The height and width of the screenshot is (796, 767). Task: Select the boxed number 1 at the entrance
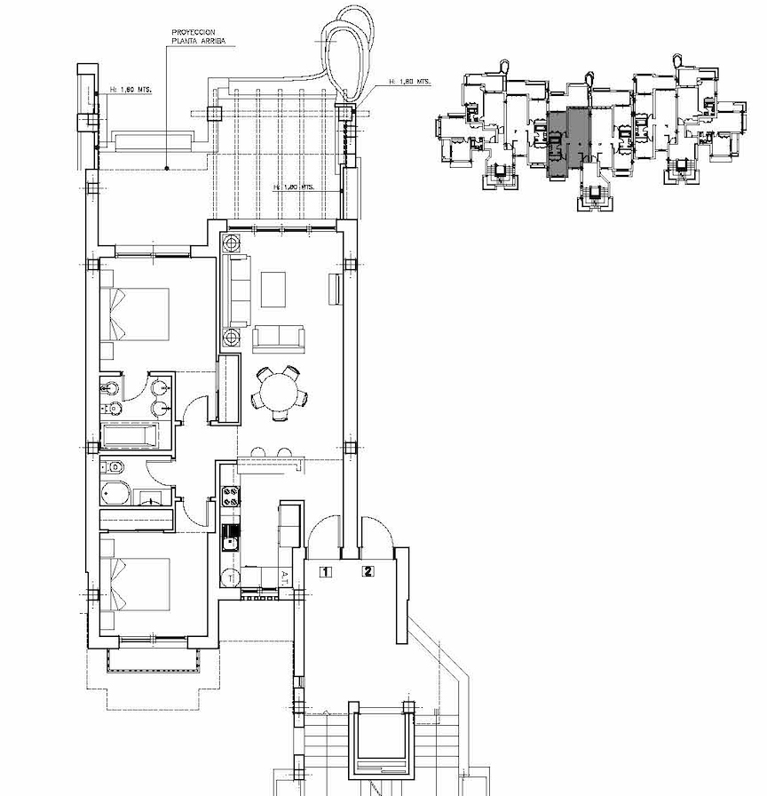(326, 572)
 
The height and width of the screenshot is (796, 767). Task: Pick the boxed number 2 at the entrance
(368, 571)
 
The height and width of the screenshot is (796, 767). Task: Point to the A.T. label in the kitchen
(284, 576)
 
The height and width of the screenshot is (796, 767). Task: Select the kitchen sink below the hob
(231, 536)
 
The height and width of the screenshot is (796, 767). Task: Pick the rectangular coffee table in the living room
(273, 289)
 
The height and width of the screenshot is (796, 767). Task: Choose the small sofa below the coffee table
(278, 337)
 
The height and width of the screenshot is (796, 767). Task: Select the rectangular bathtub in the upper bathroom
(133, 435)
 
